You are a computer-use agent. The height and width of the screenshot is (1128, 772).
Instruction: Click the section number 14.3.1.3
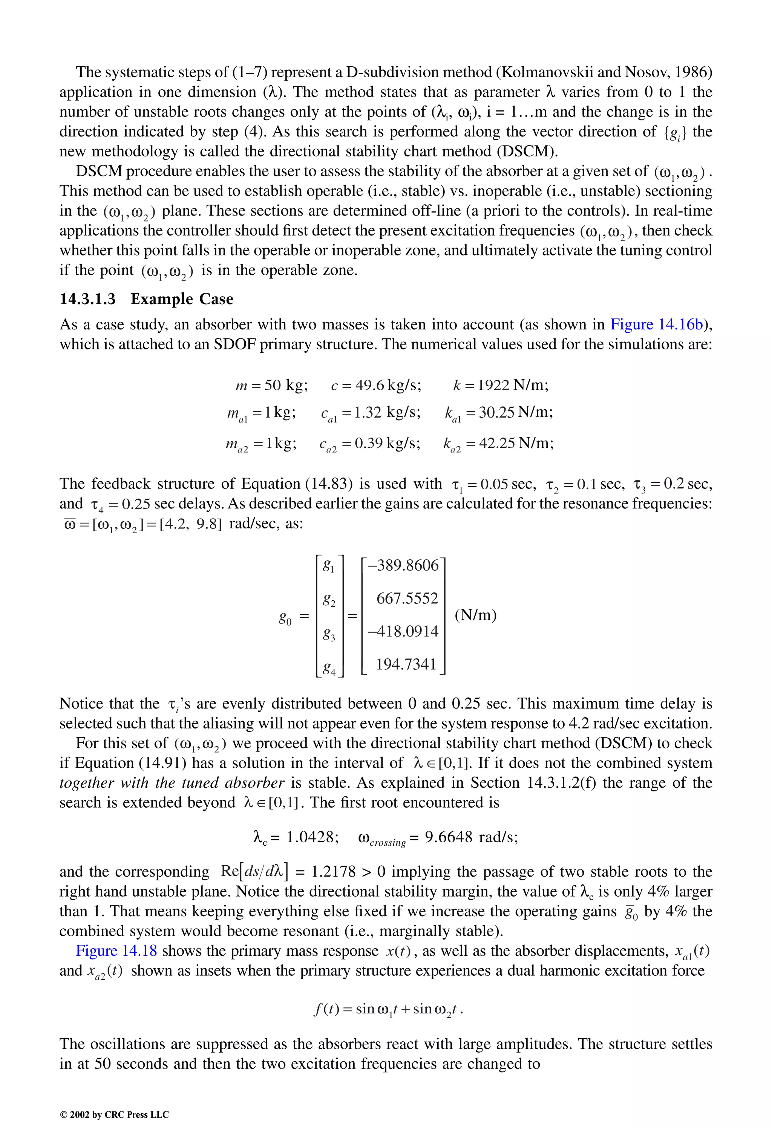pos(87,299)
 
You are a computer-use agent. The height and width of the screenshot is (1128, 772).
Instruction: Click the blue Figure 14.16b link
pos(656,324)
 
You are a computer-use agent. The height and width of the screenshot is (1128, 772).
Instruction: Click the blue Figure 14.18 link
pos(116,950)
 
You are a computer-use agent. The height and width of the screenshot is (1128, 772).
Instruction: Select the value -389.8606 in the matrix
pos(403,565)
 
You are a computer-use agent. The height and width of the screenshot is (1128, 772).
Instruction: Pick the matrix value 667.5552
pos(407,598)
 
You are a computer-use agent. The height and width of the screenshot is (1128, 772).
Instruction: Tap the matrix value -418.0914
pos(403,632)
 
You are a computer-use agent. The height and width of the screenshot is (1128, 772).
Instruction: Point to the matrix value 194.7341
pos(406,664)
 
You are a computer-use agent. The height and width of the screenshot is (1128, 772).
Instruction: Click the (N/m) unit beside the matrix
pos(475,615)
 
